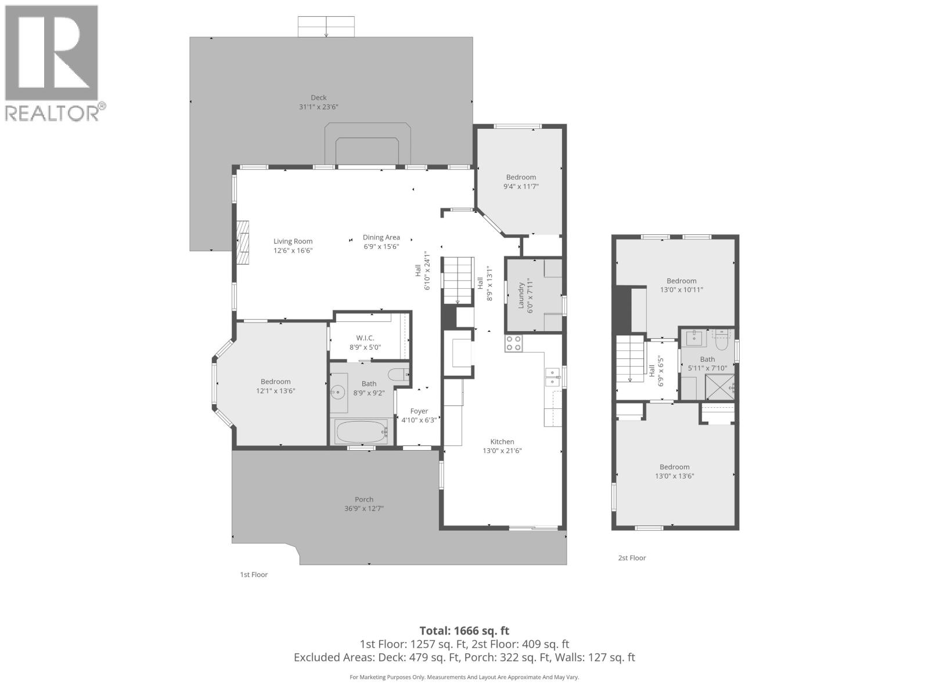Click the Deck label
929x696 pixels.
point(318,97)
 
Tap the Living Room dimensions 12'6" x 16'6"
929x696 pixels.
point(293,251)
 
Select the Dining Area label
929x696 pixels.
point(381,237)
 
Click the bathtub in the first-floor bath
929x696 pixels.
point(361,432)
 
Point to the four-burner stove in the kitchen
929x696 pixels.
point(513,343)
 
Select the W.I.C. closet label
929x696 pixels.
point(365,338)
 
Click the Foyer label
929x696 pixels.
point(419,411)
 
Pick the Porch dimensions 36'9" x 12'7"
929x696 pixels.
point(364,509)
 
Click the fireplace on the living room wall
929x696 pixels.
point(243,242)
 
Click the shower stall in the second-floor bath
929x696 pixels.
point(720,387)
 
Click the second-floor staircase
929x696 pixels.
point(631,360)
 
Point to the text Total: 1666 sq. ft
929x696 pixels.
point(464,630)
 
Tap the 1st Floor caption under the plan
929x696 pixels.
point(254,575)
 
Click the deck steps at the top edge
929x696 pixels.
point(326,27)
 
